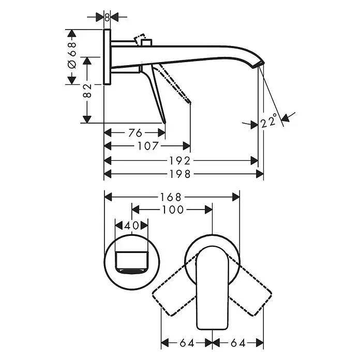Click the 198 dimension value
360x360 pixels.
tap(180, 174)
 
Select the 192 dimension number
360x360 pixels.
tap(180, 161)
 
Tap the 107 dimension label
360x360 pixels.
tap(148, 146)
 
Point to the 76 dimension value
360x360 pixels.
tap(135, 133)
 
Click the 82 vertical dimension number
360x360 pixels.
tap(87, 91)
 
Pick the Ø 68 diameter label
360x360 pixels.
tap(72, 55)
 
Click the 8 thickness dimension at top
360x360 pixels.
tap(107, 17)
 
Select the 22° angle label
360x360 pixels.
tap(269, 120)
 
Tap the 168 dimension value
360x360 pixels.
tap(171, 197)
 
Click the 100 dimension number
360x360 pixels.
tap(173, 209)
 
